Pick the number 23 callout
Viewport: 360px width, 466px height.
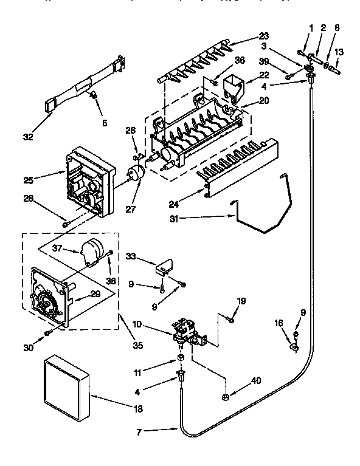[263, 35]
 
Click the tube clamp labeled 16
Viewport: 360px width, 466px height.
[294, 346]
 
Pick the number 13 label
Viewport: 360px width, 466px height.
[339, 52]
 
